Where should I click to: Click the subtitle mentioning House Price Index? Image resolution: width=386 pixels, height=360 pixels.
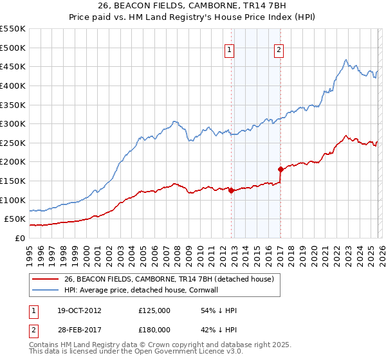193,18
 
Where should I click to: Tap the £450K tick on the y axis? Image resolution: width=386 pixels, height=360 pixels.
13,66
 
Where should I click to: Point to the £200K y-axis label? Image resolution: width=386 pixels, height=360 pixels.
13,162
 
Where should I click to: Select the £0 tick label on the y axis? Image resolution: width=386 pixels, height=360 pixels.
20,238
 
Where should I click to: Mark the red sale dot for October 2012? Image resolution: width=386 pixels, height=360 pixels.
231,190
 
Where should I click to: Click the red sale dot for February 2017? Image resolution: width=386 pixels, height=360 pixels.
280,169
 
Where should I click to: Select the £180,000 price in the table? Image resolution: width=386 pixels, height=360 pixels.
154,329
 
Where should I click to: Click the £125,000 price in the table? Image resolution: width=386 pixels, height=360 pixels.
154,310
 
